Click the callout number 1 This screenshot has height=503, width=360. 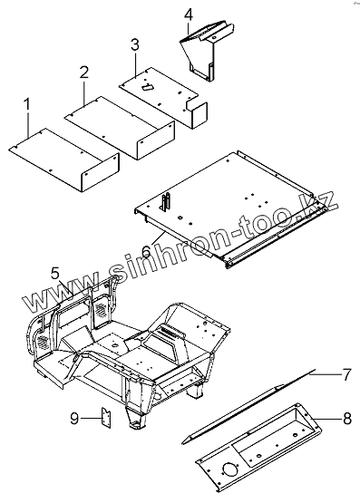tap(27, 105)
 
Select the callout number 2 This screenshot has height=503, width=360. tap(84, 73)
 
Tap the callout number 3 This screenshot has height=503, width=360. tap(135, 44)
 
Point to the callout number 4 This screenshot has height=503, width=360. tap(189, 15)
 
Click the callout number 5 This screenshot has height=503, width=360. tap(55, 274)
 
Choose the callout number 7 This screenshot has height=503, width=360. tap(345, 374)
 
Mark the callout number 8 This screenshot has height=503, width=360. tap(346, 419)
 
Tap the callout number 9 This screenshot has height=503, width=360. tap(74, 419)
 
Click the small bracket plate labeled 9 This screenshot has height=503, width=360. tap(106, 418)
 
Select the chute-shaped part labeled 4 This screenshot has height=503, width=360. tap(207, 52)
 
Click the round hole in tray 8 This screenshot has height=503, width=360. tap(230, 470)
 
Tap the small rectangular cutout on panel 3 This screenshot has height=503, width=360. tap(147, 87)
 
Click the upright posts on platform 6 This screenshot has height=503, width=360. tap(166, 202)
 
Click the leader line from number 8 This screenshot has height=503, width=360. tap(327, 419)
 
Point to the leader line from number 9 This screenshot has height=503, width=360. tap(92, 418)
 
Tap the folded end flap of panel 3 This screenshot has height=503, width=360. tap(199, 115)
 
